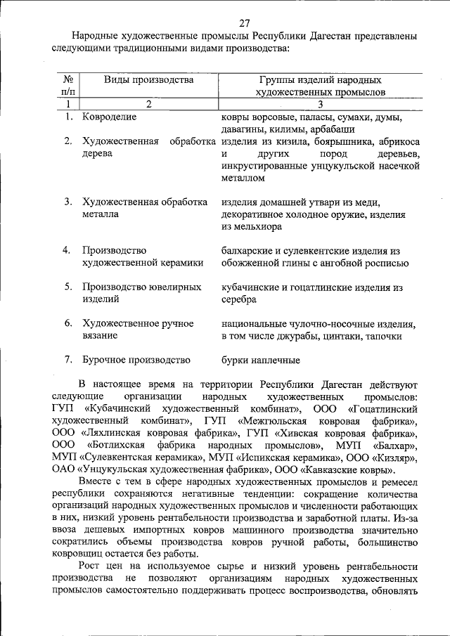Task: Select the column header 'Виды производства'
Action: [148, 79]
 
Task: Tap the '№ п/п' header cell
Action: [68, 86]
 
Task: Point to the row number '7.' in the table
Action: [69, 361]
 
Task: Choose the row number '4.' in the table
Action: [69, 250]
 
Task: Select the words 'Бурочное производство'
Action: [136, 361]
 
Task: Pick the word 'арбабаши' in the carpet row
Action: [334, 129]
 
